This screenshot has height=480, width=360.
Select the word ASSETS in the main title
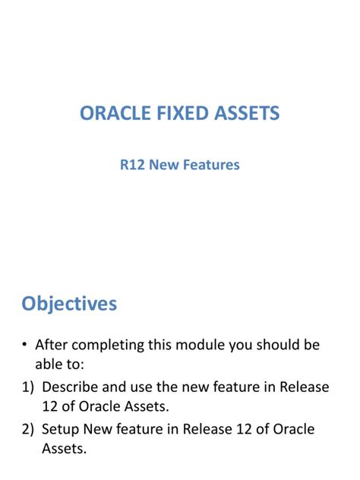(x=245, y=114)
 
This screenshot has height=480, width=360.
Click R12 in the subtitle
(x=134, y=164)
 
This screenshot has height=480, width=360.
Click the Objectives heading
(x=69, y=304)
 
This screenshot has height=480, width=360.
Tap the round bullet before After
(x=25, y=346)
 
